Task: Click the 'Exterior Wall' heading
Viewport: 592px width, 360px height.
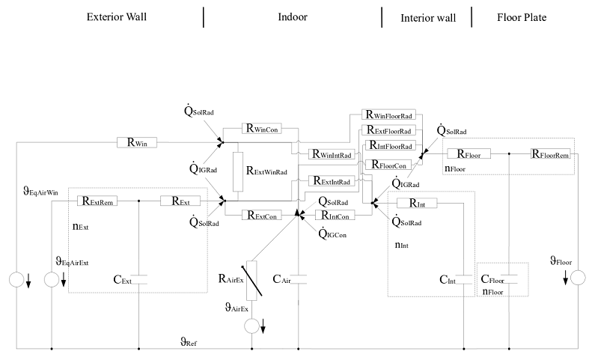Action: [116, 16]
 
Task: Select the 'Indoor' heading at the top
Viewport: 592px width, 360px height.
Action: [292, 16]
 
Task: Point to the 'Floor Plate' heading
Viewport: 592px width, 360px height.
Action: [522, 16]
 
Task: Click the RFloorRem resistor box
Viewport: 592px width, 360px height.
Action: [552, 154]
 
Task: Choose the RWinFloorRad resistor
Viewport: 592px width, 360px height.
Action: [389, 116]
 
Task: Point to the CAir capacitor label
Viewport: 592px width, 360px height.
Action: [282, 279]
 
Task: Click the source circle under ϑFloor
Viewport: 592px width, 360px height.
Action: [577, 278]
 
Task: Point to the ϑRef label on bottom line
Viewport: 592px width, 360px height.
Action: [189, 341]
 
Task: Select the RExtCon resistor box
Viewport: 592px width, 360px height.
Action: [260, 216]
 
